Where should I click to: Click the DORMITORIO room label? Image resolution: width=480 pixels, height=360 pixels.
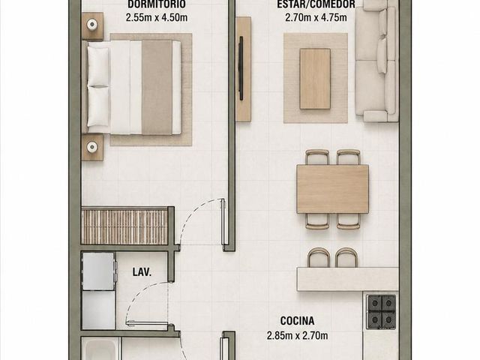[156, 4]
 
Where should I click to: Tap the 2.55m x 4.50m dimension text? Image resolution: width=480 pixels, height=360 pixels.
[157, 17]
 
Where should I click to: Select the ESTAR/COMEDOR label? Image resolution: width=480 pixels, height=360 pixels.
[316, 4]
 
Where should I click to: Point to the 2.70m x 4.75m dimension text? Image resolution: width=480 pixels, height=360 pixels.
[316, 17]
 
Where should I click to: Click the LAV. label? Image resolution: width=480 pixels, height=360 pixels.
[142, 271]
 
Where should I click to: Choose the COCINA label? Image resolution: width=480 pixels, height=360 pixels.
[297, 321]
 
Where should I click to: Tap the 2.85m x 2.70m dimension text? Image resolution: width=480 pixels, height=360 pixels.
[297, 335]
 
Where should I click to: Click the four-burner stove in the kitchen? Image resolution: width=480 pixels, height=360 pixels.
[382, 312]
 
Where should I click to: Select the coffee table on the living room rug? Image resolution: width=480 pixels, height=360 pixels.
[315, 79]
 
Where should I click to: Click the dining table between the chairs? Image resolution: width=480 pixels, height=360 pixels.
[332, 189]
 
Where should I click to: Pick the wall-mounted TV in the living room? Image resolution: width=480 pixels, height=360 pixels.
[241, 68]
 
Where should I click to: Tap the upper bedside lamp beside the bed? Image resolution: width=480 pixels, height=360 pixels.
[91, 24]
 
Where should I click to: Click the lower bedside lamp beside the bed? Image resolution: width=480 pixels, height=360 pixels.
[91, 147]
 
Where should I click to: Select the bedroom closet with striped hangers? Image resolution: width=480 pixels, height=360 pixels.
[124, 226]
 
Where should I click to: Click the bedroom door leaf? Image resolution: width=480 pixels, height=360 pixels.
[223, 222]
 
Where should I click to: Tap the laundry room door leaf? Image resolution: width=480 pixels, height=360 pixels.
[147, 322]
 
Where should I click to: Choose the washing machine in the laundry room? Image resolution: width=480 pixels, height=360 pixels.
[98, 271]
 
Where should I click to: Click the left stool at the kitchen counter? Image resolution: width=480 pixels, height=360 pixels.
[318, 258]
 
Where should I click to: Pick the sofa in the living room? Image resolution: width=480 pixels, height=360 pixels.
[376, 61]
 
